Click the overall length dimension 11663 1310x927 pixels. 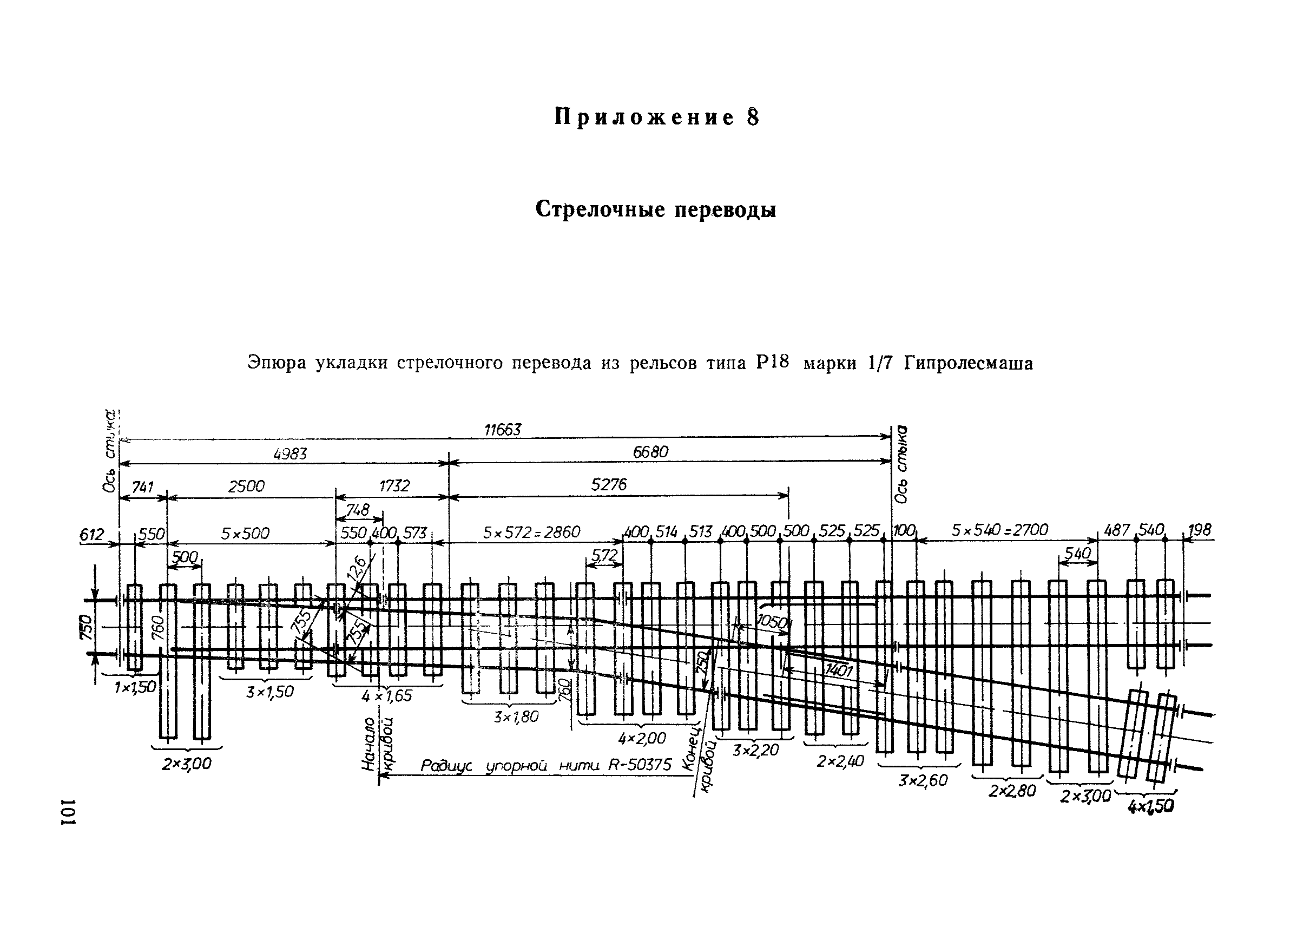[502, 430]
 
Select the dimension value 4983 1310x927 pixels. [290, 454]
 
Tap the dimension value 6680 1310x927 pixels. [650, 452]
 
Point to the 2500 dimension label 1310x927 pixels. [247, 486]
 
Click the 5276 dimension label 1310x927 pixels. [609, 485]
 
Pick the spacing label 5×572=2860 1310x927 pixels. [531, 532]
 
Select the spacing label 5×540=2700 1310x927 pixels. [999, 530]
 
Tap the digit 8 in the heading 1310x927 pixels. [753, 117]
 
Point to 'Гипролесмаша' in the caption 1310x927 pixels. [968, 364]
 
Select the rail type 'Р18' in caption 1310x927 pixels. [772, 362]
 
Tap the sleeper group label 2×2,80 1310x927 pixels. [1012, 791]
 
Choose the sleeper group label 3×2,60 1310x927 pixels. [923, 780]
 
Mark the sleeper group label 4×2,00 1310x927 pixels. [642, 738]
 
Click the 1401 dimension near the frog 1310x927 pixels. [839, 670]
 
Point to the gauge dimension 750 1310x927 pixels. [85, 627]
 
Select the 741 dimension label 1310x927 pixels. [142, 487]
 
